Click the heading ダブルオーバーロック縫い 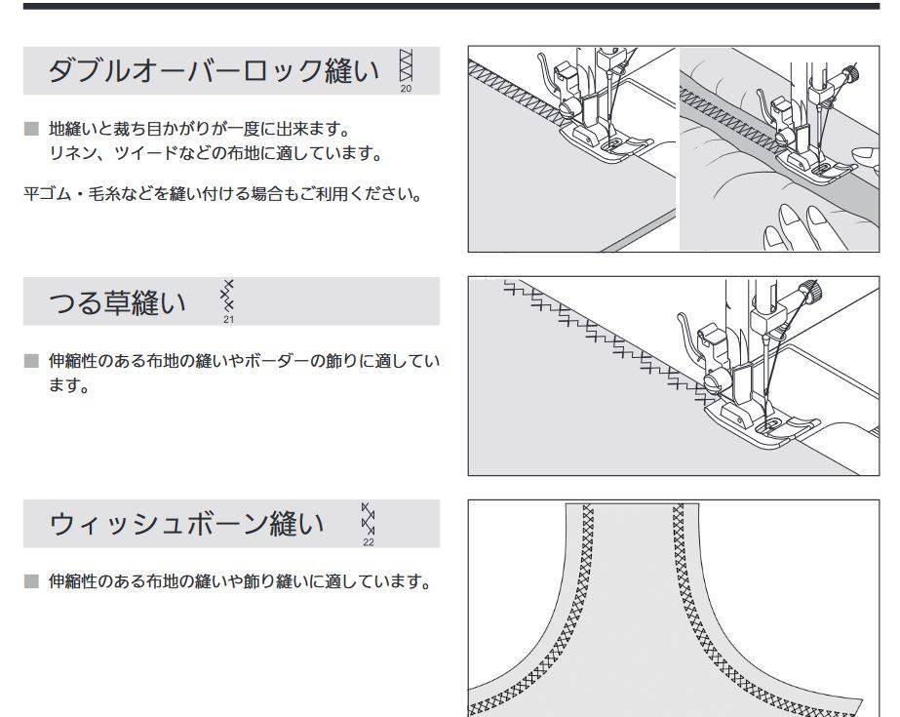(214, 71)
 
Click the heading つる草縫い (118, 302)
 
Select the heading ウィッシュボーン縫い (186, 524)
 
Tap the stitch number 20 (406, 89)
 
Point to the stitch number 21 (228, 320)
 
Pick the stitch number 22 (368, 542)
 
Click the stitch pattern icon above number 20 (406, 65)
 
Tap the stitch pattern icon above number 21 (228, 297)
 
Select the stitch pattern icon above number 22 (368, 519)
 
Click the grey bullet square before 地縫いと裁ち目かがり (31, 129)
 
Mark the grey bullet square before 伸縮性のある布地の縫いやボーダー (31, 361)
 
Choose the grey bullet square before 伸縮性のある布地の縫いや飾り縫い (31, 581)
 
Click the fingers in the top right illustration (804, 226)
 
